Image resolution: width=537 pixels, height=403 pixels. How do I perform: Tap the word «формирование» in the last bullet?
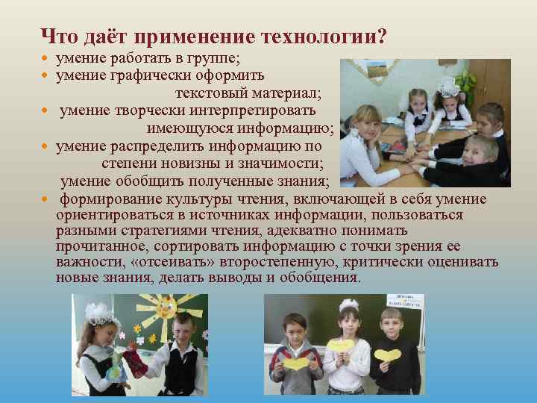104,199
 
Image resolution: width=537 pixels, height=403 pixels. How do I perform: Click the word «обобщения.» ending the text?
324,278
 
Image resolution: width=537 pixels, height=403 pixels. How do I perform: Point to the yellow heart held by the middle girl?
342,346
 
